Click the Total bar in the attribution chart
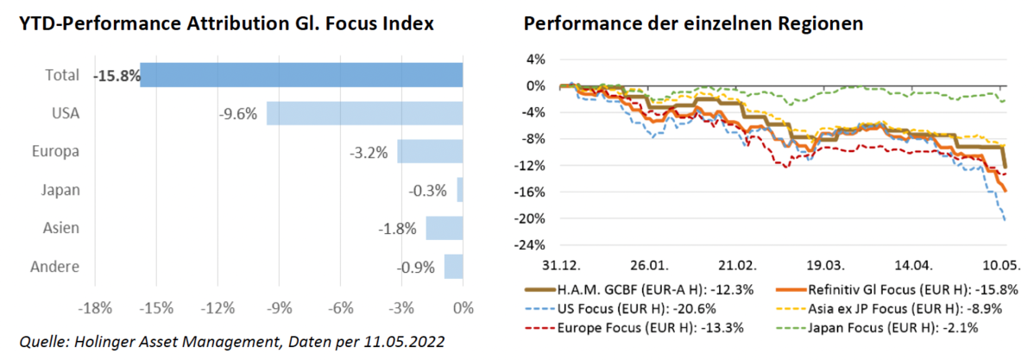click(x=302, y=75)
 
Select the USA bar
click(x=364, y=113)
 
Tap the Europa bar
click(x=430, y=151)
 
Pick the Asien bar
click(x=444, y=228)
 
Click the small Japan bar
click(x=460, y=189)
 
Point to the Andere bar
click(x=453, y=266)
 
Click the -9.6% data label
click(x=237, y=113)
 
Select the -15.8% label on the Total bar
click(x=117, y=75)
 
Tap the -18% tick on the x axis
click(x=93, y=308)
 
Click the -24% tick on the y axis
click(x=533, y=245)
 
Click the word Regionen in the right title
click(x=818, y=24)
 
